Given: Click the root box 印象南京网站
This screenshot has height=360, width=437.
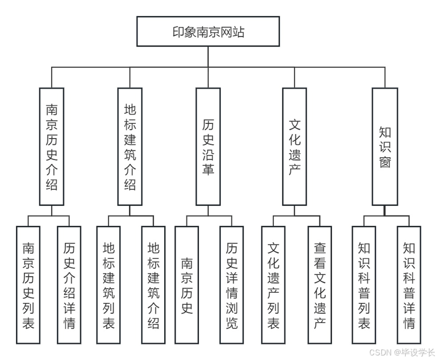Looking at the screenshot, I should [x=208, y=31].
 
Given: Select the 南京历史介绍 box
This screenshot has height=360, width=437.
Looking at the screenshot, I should [x=52, y=147].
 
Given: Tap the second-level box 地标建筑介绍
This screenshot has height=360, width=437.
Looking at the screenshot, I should [x=130, y=147].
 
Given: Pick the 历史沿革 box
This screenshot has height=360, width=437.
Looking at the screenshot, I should [x=208, y=147].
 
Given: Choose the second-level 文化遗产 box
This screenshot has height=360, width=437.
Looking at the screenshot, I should [x=295, y=147].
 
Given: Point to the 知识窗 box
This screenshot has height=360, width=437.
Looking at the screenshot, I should [x=384, y=147].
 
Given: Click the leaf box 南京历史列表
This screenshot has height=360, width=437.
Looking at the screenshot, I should [x=28, y=285].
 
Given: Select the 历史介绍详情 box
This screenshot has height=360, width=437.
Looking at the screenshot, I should [x=69, y=285].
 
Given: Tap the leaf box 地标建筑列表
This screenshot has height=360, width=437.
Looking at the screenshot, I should [x=108, y=285].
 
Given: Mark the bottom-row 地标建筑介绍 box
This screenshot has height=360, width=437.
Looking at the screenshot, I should [x=153, y=285].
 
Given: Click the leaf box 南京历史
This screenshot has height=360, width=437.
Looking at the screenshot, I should [x=186, y=285].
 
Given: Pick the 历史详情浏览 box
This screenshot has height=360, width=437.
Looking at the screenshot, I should [x=231, y=285].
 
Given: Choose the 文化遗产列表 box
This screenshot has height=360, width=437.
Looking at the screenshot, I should [x=273, y=285].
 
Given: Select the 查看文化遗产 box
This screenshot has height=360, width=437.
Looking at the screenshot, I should [x=320, y=285].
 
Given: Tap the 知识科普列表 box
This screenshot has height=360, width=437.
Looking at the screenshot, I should [x=364, y=285].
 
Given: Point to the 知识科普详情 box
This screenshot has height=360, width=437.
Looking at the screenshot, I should [x=409, y=285].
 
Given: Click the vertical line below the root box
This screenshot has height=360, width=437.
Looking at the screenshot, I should [x=208, y=57].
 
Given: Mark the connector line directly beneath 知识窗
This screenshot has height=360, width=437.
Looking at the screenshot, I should [x=384, y=211].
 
